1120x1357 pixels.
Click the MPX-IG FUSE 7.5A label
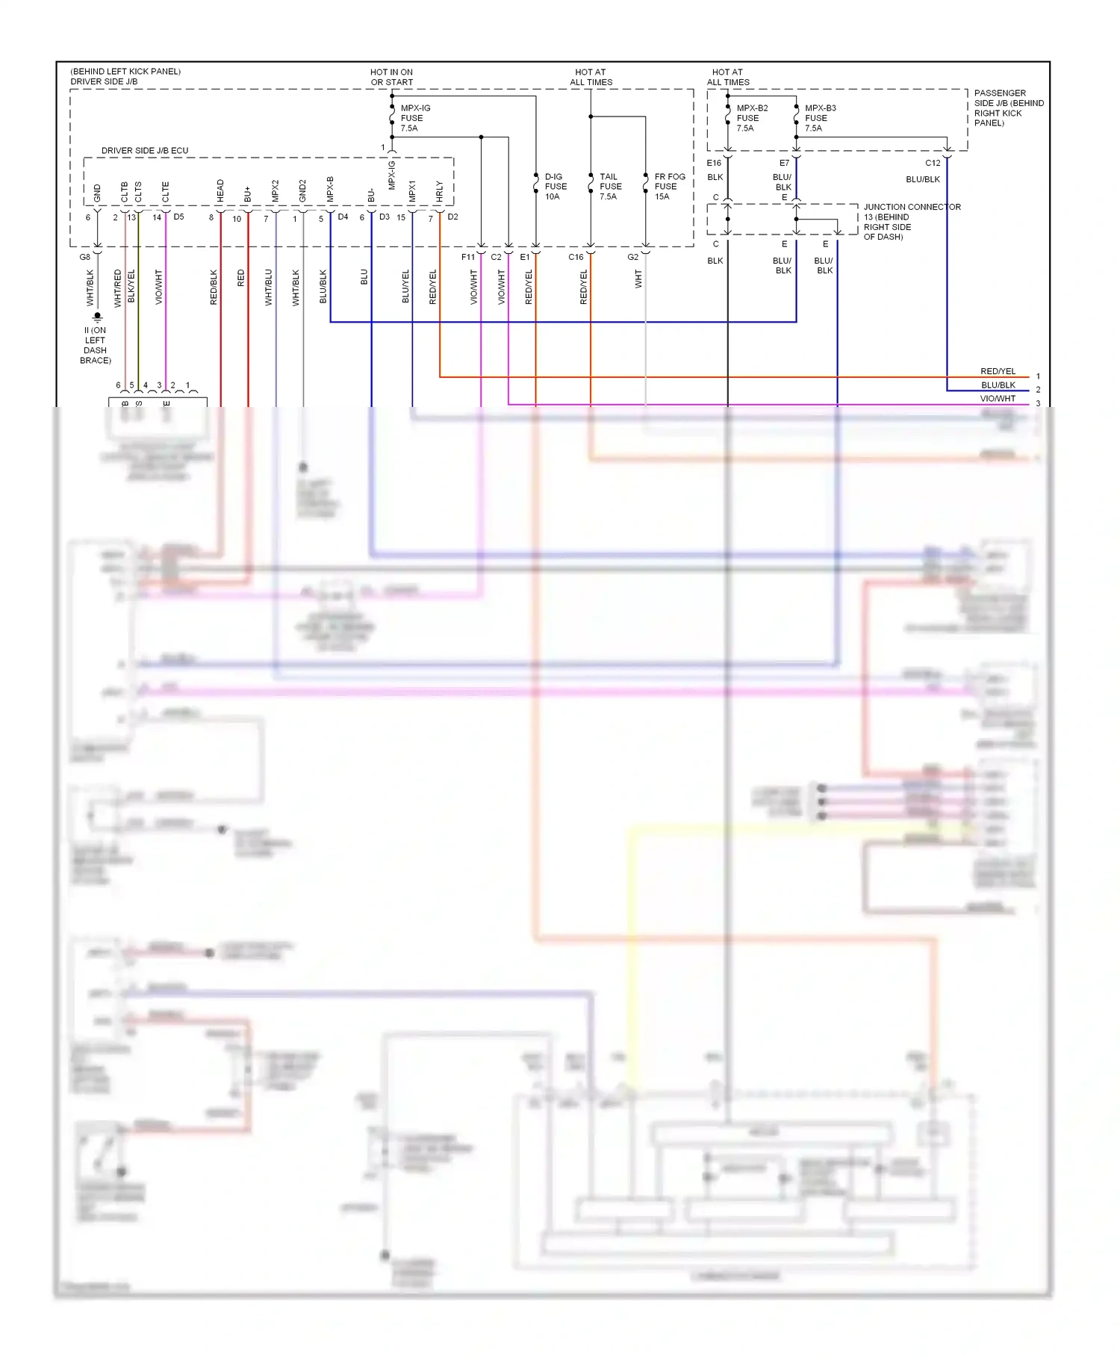tap(414, 118)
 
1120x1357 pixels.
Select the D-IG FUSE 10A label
tap(555, 187)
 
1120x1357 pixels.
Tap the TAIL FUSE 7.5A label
tap(610, 187)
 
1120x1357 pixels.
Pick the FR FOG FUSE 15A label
tap(669, 187)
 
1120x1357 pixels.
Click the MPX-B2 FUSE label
tap(751, 118)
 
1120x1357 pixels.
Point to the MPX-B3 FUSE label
tap(820, 118)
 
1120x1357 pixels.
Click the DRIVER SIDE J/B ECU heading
tap(145, 151)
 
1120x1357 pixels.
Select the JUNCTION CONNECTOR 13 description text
tap(911, 222)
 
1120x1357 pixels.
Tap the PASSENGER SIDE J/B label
tap(1008, 108)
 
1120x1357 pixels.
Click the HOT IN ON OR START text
tap(391, 78)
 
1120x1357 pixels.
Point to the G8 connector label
tap(85, 257)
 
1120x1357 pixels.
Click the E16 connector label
tap(714, 163)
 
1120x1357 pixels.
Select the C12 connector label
tap(933, 163)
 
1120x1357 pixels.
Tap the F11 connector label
tap(467, 257)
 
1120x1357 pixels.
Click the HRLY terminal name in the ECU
tap(439, 192)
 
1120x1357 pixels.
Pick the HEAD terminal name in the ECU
tap(220, 191)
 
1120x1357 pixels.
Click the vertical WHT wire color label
tap(638, 279)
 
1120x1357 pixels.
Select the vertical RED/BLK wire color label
tap(214, 288)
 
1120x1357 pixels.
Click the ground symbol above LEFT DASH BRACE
tap(97, 317)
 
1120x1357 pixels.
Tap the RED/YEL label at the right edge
tap(998, 371)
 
